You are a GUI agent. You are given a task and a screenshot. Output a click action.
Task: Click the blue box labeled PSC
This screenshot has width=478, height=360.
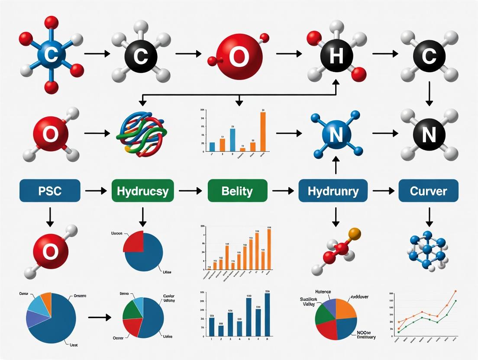click(50, 190)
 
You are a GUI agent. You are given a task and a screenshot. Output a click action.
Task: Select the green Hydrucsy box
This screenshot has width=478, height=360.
click(143, 190)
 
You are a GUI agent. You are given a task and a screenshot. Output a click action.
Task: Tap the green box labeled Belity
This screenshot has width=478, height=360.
click(237, 190)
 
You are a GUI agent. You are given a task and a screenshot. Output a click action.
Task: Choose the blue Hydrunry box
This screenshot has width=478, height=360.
click(333, 190)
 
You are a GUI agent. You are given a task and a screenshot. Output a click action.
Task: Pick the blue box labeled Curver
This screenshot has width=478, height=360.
click(428, 190)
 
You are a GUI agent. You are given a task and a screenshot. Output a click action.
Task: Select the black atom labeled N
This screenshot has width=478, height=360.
click(428, 135)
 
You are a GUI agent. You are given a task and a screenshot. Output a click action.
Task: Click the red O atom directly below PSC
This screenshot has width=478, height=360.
click(51, 250)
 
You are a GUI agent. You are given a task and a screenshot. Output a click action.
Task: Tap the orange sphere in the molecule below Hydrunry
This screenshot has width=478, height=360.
click(354, 234)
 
